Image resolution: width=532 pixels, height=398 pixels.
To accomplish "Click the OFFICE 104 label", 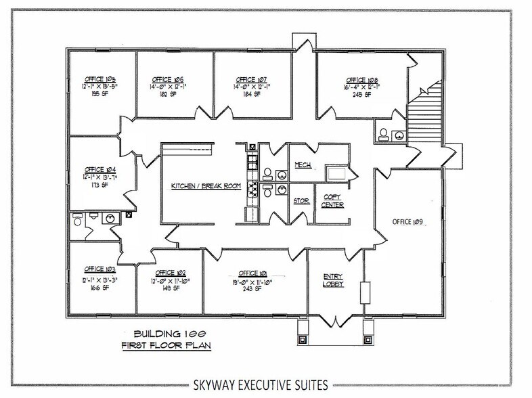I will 97,169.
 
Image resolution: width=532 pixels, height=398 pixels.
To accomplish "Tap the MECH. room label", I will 302,165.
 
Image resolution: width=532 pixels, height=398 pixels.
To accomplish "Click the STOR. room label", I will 301,201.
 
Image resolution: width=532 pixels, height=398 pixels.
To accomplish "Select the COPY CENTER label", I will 333,201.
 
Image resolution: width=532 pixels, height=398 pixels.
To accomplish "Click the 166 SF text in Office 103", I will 97,288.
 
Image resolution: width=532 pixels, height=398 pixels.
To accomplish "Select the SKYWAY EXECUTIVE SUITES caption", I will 266,384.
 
